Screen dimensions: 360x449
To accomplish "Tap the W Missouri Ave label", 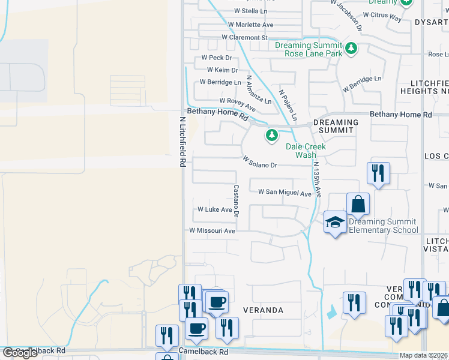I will (212, 230).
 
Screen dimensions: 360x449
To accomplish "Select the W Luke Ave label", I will (215, 210).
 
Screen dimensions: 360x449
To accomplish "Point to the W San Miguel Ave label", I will (285, 193).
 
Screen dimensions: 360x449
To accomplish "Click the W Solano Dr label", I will (260, 162).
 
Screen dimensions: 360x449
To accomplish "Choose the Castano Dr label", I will (236, 200).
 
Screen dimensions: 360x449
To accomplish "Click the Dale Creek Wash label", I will (306, 151).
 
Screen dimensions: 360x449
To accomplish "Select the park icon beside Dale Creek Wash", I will (273, 136).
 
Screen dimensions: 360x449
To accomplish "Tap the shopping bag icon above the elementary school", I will (358, 203).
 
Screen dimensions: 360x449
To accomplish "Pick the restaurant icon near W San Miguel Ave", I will (378, 173).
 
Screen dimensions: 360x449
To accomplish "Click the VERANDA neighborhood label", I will (263, 310).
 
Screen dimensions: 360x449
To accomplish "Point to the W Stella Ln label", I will (250, 11).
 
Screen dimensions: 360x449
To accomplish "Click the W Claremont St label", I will (244, 37).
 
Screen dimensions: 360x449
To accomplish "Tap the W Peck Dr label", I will (216, 58).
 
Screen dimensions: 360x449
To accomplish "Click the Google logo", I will (20, 353).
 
